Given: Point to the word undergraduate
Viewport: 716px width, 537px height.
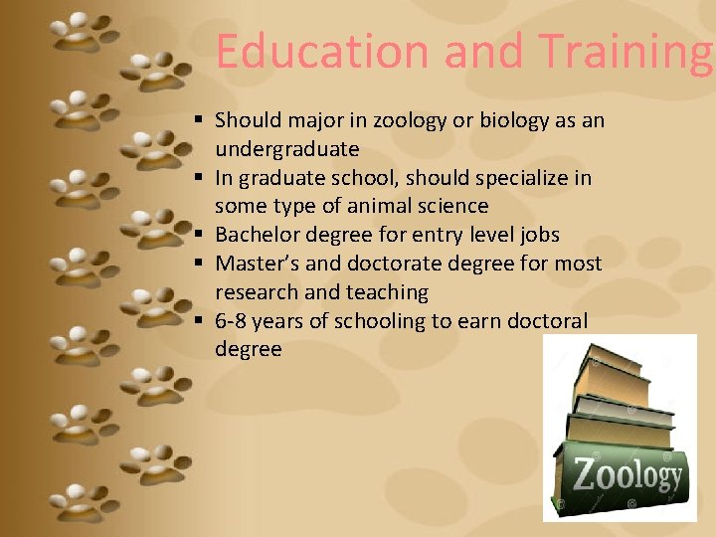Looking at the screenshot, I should pos(287,150).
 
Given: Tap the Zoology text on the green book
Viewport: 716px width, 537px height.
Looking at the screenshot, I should pos(626,476).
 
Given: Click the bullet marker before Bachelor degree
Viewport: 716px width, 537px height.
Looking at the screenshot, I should pos(200,235).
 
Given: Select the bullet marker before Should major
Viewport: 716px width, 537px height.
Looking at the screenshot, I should pos(200,120).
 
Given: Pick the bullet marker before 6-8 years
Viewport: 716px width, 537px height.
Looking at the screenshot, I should pos(200,321).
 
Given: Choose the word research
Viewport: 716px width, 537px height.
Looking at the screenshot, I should pos(257,292).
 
